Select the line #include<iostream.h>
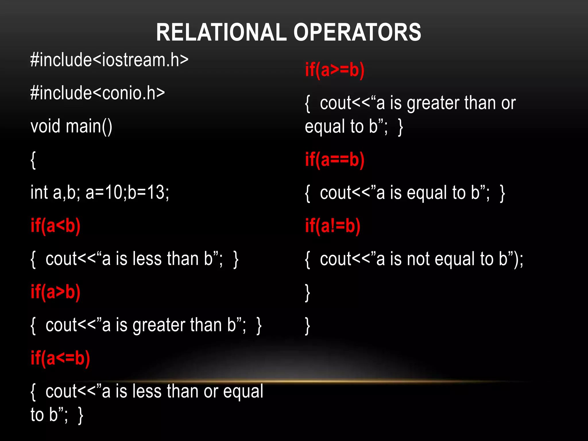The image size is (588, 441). coord(109,60)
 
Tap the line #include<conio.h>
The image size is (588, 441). coord(98,93)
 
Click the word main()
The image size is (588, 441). coord(89,127)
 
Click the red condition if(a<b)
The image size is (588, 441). coord(55,226)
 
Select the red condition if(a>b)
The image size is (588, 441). coord(55,292)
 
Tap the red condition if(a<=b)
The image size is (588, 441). coord(60,358)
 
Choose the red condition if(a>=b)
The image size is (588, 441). coord(335,70)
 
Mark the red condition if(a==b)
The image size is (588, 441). coord(335,160)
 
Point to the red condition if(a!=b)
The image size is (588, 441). coord(332,226)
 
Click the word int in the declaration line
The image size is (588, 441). coord(39,192)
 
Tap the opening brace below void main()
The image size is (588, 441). coord(33,160)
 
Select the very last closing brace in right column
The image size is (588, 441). coord(307,326)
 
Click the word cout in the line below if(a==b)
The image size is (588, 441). coord(335,193)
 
